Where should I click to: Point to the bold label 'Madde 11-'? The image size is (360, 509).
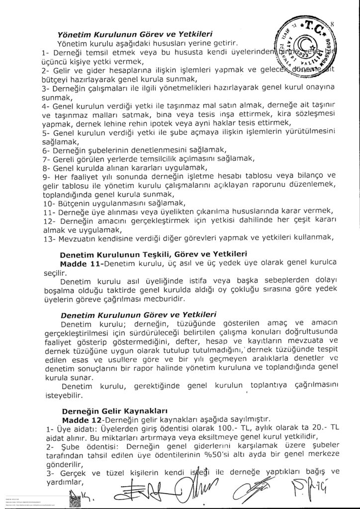tap(86, 262)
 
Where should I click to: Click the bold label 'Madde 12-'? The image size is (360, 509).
tap(85, 420)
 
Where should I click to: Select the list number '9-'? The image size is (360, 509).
tap(47, 177)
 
